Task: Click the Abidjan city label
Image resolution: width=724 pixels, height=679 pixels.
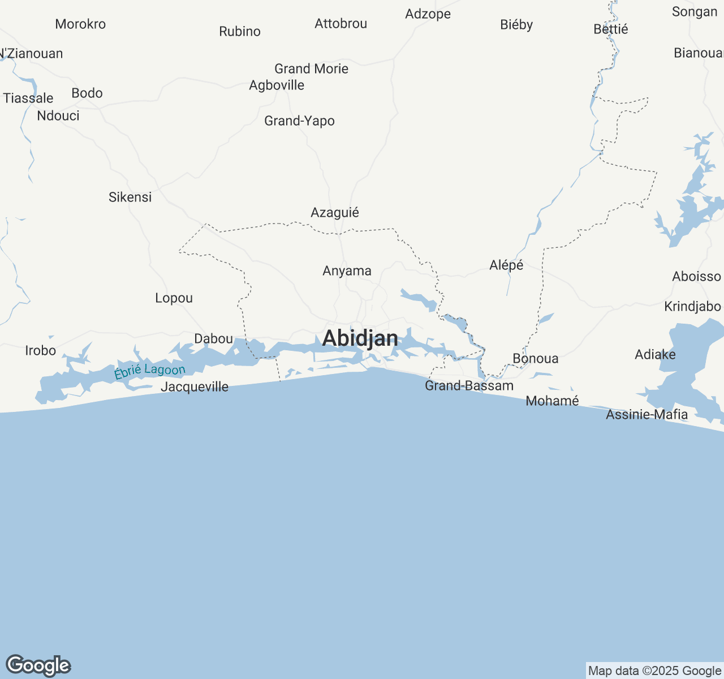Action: [360, 338]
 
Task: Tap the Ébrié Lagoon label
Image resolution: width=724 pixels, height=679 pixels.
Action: [149, 372]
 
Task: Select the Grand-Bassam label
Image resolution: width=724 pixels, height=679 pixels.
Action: [469, 386]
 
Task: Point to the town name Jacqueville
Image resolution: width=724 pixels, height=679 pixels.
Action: [195, 387]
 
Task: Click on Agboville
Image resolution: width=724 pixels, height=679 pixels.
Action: [277, 85]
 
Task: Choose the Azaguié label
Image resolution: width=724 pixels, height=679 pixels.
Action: [335, 213]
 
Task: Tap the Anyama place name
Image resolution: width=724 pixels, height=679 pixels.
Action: [347, 271]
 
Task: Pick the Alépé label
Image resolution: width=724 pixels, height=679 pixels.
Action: [506, 265]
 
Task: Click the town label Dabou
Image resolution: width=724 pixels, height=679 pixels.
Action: [213, 339]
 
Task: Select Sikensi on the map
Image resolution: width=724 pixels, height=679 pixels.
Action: [130, 197]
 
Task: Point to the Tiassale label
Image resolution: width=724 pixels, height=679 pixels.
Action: [28, 98]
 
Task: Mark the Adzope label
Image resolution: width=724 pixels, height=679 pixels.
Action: [428, 14]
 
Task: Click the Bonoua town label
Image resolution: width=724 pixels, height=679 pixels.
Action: [535, 359]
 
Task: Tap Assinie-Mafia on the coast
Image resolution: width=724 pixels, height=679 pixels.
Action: [647, 415]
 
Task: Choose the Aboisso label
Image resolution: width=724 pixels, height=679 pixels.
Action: [696, 277]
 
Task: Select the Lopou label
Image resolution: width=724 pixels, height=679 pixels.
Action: [174, 298]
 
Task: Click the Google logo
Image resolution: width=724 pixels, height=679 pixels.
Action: [38, 666]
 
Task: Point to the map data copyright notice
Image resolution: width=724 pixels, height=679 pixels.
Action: [654, 671]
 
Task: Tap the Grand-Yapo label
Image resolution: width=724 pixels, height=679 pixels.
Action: [299, 121]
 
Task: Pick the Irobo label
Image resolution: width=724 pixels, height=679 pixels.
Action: [41, 351]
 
